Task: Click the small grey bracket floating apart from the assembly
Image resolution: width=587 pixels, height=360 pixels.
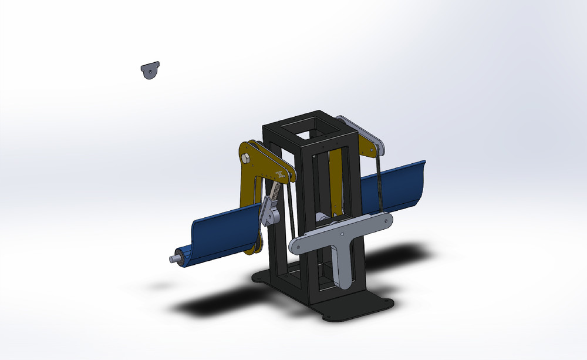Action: point(150,70)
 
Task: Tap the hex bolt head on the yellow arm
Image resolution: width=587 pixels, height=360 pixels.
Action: point(245,158)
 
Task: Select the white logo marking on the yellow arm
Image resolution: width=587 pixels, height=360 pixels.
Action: point(281,174)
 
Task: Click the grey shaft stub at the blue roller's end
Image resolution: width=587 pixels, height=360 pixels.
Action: point(175,258)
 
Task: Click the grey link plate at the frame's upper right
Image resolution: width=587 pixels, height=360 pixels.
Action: point(361,134)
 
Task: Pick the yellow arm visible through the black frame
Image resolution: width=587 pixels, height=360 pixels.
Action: point(336,182)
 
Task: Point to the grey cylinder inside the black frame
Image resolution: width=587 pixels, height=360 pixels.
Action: point(323,218)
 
